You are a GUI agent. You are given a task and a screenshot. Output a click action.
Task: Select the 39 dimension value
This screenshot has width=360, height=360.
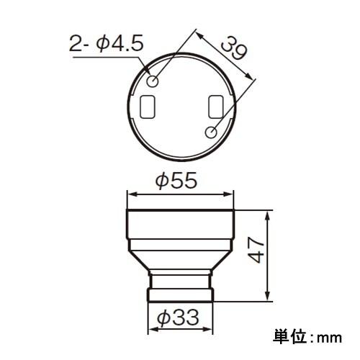[x=232, y=51]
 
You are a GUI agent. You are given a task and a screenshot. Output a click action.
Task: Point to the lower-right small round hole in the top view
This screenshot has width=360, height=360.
[x=212, y=132]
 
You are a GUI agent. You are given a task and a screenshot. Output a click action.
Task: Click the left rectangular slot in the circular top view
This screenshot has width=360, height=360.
[x=148, y=107]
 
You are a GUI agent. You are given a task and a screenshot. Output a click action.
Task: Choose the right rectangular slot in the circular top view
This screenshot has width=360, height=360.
[x=214, y=107]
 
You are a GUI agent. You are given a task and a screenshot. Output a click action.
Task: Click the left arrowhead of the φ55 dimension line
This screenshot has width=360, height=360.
[x=130, y=194]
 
